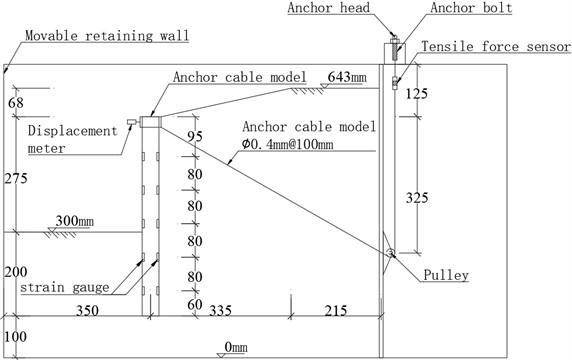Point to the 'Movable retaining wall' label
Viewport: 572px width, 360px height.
[x=107, y=35]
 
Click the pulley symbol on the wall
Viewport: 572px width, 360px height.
[x=391, y=253]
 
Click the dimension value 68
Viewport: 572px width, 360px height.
[x=15, y=102]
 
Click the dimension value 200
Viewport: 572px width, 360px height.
[x=15, y=272]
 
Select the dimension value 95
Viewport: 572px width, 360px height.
[x=196, y=137]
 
